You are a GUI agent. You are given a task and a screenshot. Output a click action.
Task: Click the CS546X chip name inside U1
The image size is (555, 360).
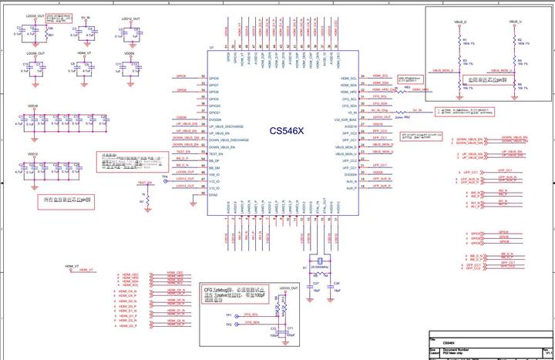tap(287, 131)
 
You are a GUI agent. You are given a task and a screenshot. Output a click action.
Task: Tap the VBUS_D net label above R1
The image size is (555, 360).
tap(461, 22)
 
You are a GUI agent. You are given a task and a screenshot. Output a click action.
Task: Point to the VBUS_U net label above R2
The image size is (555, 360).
tap(515, 22)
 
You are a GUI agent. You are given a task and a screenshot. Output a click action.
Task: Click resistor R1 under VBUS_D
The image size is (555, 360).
tap(461, 43)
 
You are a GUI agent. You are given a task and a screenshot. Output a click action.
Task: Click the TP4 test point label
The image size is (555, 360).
tap(164, 177)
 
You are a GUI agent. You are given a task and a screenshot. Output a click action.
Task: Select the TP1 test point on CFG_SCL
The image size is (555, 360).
tap(229, 315)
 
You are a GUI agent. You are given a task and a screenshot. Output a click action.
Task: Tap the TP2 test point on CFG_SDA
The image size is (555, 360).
tap(229, 325)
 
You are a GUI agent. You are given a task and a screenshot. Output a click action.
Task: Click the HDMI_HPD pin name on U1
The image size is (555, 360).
tap(348, 92)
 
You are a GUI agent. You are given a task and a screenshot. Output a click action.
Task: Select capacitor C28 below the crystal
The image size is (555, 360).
tap(337, 284)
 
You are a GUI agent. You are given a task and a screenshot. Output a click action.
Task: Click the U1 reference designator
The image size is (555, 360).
tap(212, 49)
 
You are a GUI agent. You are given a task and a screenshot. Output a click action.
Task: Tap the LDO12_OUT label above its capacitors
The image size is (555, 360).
tap(131, 18)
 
